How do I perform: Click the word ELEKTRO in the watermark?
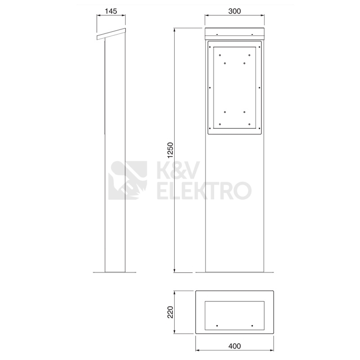[x=203, y=190]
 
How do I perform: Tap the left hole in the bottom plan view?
[x=217, y=325]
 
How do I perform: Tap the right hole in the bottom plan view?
[x=252, y=325]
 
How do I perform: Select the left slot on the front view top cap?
[x=217, y=34]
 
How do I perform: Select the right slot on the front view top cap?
[x=252, y=34]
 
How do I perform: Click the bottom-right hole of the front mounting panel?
[x=249, y=124]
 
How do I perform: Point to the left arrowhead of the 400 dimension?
[x=197, y=351]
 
